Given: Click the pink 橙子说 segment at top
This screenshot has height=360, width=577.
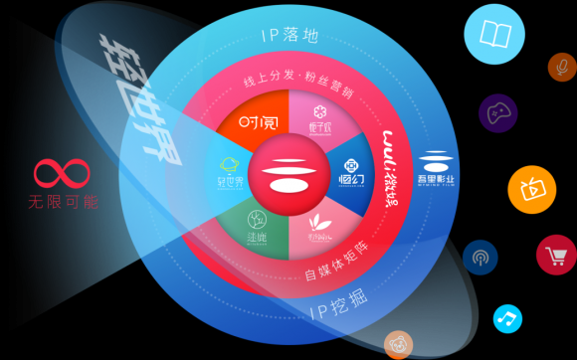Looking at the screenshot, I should click(320, 118).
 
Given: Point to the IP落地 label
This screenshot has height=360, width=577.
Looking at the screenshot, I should click(289, 37).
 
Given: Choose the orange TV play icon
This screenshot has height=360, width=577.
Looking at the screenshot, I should click(530, 188).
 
